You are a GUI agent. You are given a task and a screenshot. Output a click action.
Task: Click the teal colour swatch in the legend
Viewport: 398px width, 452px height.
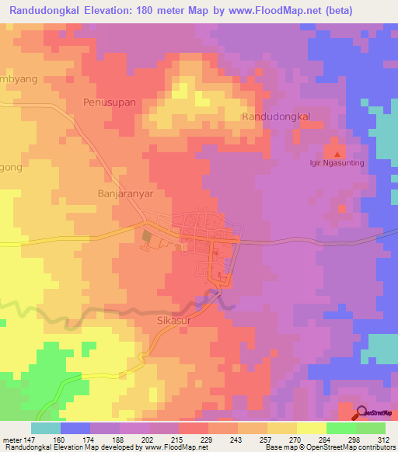point(46,428)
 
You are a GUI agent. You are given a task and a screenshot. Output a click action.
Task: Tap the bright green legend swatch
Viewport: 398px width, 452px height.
point(340,428)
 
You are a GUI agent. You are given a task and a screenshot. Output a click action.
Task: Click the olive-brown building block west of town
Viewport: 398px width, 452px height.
point(147,235)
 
